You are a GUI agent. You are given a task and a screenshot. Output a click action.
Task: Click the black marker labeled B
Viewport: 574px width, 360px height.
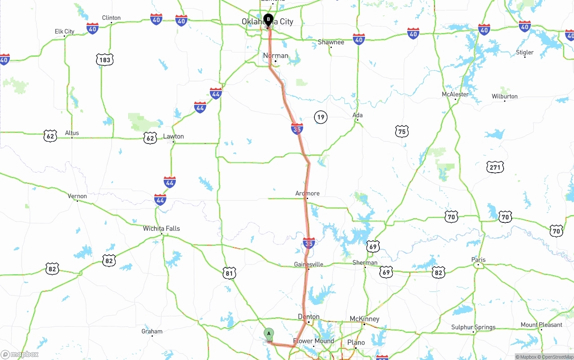pos(268,20)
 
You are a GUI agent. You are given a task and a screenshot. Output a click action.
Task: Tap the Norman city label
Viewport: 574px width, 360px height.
pos(275,56)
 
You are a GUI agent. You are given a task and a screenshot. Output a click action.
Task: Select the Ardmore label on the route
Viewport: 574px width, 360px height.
pos(308,193)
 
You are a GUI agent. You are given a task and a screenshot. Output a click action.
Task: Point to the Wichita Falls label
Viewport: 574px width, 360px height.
pos(161,228)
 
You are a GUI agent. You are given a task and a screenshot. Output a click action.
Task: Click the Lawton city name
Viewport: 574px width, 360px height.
pos(173,136)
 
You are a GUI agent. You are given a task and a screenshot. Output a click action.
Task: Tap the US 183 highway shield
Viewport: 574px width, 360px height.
pos(105,60)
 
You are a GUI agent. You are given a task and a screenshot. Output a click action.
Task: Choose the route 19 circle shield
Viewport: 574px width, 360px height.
pos(321,117)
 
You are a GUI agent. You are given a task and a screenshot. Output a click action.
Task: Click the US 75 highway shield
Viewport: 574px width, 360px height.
pos(402,131)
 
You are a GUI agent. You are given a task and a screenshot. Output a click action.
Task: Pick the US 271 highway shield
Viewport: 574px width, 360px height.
pos(495,167)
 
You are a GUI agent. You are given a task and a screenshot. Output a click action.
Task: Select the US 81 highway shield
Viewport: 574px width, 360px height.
pos(229,273)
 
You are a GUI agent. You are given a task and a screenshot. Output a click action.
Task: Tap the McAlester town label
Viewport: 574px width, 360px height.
pos(455,94)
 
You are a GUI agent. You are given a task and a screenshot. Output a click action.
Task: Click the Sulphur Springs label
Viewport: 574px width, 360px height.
pos(473,327)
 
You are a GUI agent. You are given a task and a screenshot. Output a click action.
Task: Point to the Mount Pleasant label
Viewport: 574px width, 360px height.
pos(541,325)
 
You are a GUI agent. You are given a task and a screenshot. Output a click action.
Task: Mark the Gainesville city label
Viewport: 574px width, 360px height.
pos(309,264)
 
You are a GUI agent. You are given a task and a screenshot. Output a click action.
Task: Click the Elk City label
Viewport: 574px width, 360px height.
pos(65,31)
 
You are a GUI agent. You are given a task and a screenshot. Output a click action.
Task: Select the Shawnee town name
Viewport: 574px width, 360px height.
pos(331,42)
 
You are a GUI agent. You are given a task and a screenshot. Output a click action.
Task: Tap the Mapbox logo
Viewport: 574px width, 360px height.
pos(20,354)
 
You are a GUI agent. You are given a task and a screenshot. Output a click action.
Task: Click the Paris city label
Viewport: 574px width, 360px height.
pos(478,260)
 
